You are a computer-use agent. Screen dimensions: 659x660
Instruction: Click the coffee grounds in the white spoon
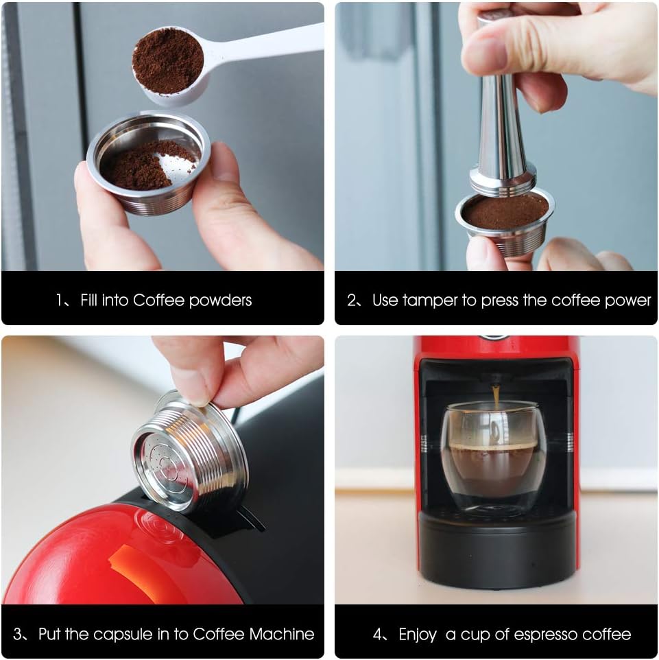coord(168,60)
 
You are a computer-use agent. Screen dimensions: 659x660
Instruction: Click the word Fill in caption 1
coord(88,300)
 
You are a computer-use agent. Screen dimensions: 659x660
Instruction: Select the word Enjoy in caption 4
coord(418,635)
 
